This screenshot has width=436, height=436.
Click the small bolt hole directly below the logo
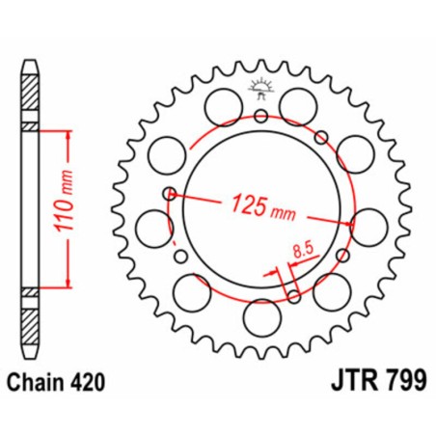(x=261, y=118)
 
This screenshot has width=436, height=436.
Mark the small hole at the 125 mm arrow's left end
(x=172, y=194)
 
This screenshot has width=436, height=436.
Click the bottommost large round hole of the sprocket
(x=260, y=315)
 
